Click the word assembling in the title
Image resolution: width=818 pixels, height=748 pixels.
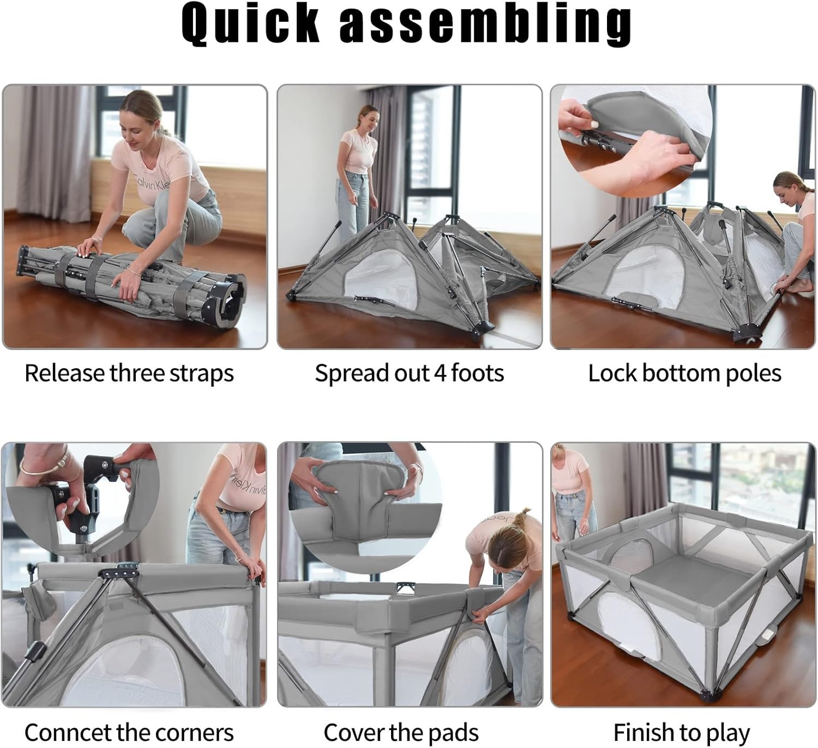[x=485, y=25]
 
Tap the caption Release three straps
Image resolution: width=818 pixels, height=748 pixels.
[x=129, y=373]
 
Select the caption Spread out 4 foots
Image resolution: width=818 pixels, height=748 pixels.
[x=409, y=373]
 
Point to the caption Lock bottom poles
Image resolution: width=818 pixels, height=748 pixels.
[x=684, y=373]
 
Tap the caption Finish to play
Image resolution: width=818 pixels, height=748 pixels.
[x=682, y=732]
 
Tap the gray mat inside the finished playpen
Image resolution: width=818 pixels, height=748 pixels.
[x=682, y=578]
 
